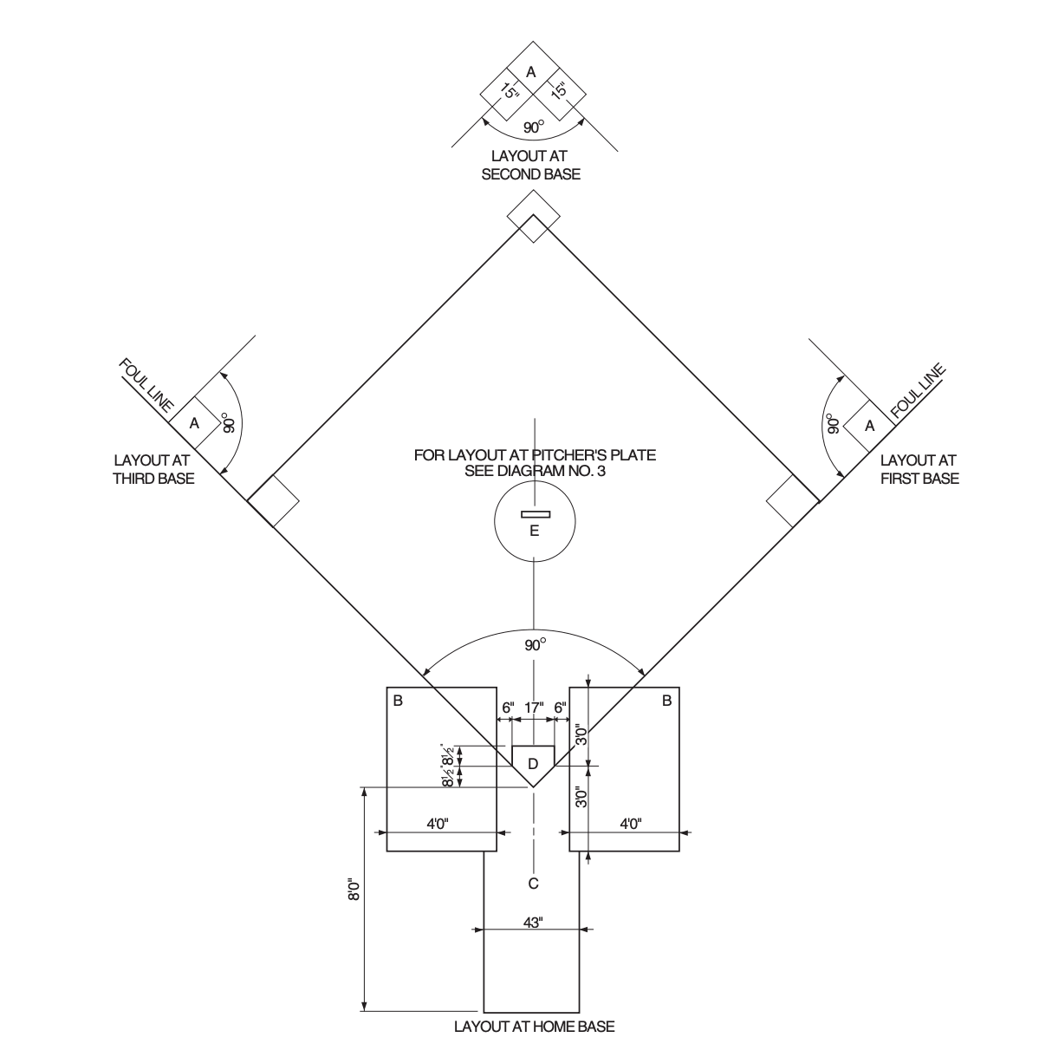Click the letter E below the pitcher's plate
coord(534,531)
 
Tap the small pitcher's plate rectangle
coord(535,515)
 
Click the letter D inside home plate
coord(534,763)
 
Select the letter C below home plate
coord(534,884)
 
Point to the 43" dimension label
coord(533,923)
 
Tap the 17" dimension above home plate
coord(535,708)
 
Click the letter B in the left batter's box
coord(398,701)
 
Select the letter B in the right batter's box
coord(666,701)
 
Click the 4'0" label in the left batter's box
coord(438,824)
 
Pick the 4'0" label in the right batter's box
coord(630,824)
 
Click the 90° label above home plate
coord(536,645)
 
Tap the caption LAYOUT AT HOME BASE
coord(535,1028)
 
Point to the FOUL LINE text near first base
coord(917,390)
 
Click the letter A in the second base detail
coord(531,70)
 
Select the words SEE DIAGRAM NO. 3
coord(535,469)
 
